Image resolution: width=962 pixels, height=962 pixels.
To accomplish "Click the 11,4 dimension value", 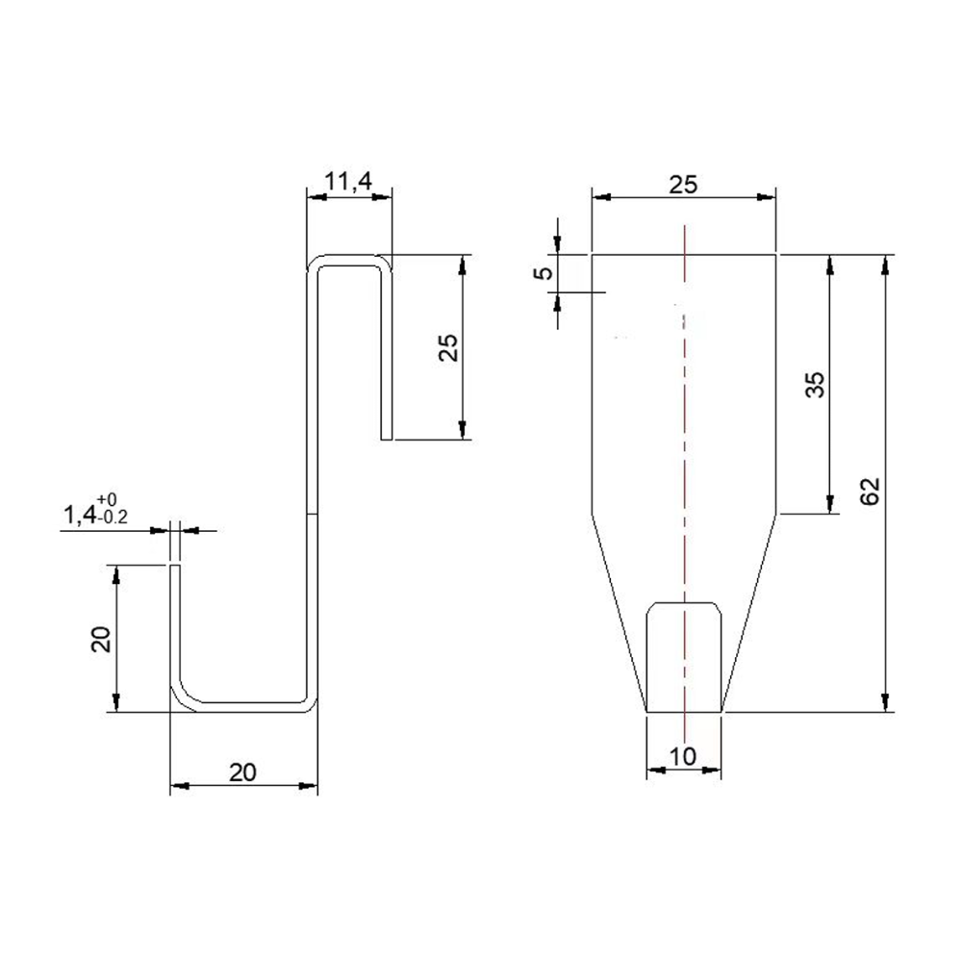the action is coord(348,182).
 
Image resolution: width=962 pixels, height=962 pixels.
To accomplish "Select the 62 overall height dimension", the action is coord(871,491).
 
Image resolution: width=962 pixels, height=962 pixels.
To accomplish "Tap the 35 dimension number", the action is coord(816,386).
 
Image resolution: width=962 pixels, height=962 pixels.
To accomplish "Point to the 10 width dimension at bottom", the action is coord(683,756).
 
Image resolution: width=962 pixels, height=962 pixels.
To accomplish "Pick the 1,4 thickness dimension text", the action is coord(80,517).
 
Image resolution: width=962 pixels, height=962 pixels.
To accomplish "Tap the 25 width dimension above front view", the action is coord(683,185).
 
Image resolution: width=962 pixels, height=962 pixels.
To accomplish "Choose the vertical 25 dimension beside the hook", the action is coord(449,347).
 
